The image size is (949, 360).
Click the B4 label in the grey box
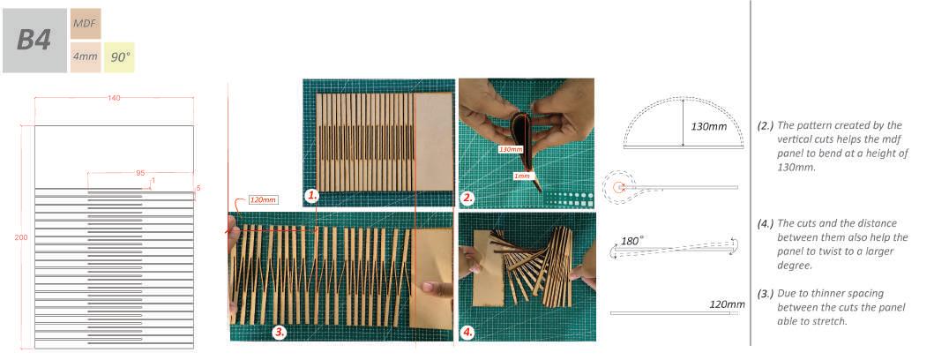click(x=34, y=40)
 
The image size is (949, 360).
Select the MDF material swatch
click(x=85, y=23)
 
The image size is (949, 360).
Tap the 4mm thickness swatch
click(x=85, y=56)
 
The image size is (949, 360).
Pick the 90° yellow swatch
click(x=119, y=56)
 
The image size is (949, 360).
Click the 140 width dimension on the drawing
click(x=114, y=97)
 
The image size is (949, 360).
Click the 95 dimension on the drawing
click(x=140, y=173)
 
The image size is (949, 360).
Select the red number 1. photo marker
click(x=311, y=194)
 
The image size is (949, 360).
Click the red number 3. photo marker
click(x=279, y=333)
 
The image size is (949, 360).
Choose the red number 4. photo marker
click(x=468, y=333)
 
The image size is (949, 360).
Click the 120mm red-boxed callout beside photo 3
click(x=263, y=200)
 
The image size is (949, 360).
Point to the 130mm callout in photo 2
click(x=511, y=149)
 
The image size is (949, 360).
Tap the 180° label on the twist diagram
click(x=632, y=239)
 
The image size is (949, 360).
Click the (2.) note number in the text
click(x=766, y=125)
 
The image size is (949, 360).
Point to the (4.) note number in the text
click(x=766, y=223)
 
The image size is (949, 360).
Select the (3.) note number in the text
click(x=766, y=293)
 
